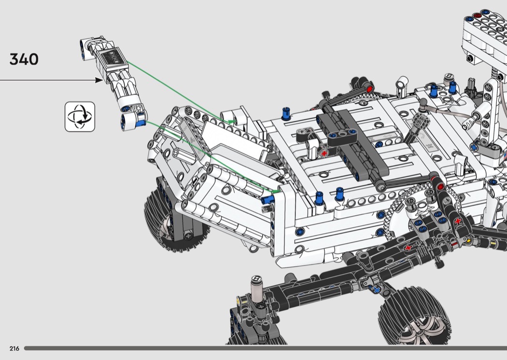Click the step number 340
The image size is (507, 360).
click(x=24, y=59)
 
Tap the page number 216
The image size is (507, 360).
click(x=14, y=348)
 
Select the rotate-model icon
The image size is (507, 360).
click(x=80, y=117)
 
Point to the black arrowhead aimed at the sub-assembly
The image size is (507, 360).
click(x=99, y=80)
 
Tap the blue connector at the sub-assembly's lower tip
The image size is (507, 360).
click(x=141, y=122)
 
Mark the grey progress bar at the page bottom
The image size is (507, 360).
click(x=266, y=348)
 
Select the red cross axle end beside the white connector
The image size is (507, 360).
click(x=324, y=153)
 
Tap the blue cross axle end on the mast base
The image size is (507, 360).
click(x=474, y=147)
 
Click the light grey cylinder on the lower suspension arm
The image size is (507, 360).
click(x=256, y=289)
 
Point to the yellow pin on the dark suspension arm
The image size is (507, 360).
click(x=468, y=241)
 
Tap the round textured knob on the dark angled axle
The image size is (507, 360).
click(x=422, y=121)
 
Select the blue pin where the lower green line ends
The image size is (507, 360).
click(x=267, y=200)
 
